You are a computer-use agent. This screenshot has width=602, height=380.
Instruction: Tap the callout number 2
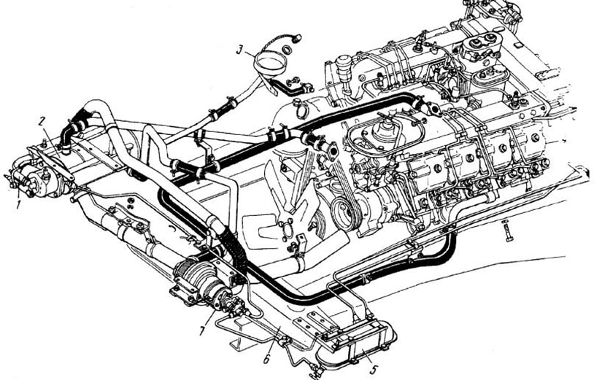point(42,122)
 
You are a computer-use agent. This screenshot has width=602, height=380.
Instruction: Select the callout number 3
point(239,50)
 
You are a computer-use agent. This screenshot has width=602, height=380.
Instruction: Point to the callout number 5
point(374,369)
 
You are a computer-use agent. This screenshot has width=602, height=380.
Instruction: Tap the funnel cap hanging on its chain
point(296,38)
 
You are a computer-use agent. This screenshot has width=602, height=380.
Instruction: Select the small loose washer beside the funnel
point(287,49)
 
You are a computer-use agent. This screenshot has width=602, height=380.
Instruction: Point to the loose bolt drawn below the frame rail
point(508,231)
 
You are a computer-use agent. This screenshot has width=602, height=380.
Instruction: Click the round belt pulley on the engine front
point(346,216)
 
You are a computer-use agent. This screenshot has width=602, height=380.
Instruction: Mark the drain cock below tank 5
point(315,371)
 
